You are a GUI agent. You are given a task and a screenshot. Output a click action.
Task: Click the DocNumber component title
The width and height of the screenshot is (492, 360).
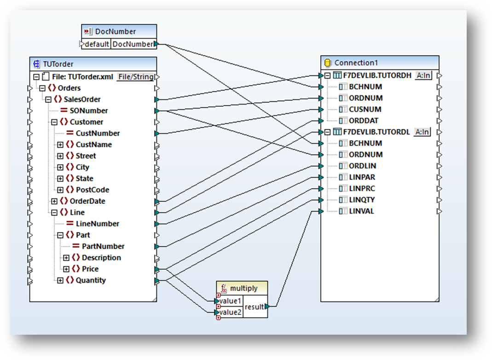115,31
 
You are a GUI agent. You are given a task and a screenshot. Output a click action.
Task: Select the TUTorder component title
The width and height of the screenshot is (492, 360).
58,64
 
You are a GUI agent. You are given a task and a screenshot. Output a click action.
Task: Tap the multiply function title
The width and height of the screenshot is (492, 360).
243,288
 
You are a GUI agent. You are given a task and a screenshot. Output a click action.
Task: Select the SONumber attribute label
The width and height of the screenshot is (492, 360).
89,110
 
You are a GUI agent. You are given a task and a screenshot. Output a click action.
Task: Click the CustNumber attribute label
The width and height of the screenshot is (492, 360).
98,133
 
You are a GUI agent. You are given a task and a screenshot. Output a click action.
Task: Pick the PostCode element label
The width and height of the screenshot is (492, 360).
92,190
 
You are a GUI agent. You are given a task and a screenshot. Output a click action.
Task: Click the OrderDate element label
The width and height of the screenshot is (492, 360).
87,201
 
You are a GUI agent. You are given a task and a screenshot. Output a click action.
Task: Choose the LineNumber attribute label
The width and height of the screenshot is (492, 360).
97,224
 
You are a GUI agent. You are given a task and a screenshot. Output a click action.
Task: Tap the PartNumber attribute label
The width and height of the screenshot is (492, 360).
103,246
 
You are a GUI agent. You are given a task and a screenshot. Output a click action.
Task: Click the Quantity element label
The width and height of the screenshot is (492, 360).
90,280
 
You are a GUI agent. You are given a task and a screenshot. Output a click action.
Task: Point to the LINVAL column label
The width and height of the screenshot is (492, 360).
361,211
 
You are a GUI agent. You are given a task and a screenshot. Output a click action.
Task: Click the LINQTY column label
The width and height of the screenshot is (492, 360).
362,200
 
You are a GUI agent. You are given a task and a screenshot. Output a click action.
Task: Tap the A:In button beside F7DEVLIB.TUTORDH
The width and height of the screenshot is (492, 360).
423,75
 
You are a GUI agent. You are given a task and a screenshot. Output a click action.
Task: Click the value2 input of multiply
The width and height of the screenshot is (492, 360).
230,313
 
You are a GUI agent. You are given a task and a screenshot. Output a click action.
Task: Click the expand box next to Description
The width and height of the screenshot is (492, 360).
66,258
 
